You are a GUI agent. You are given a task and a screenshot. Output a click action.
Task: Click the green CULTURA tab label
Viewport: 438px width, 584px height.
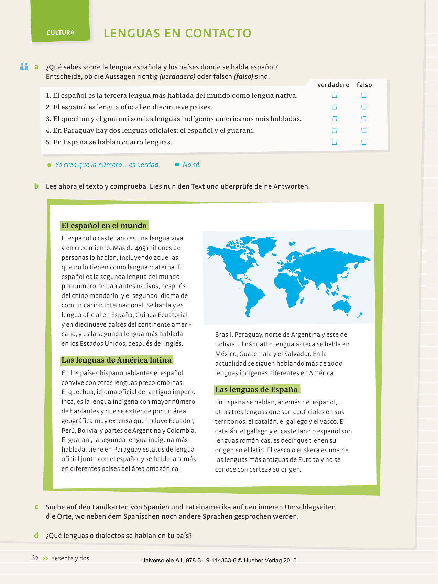click(x=60, y=32)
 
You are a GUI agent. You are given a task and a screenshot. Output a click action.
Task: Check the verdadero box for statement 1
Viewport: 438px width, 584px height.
click(x=334, y=95)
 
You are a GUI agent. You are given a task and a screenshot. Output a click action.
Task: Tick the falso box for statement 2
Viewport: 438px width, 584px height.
click(x=364, y=107)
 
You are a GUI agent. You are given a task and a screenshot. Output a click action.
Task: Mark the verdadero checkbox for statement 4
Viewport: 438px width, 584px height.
click(x=334, y=130)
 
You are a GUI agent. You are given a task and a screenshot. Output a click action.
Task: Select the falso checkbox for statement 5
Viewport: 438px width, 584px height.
click(x=364, y=142)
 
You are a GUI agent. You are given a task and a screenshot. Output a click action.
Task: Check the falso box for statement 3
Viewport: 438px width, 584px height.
click(x=364, y=119)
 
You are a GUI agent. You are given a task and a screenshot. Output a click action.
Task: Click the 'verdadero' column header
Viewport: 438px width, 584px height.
click(x=333, y=85)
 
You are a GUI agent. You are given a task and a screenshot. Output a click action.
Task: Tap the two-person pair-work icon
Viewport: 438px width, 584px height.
click(x=24, y=66)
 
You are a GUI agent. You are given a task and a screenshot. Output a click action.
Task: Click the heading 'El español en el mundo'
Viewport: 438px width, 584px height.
click(x=104, y=226)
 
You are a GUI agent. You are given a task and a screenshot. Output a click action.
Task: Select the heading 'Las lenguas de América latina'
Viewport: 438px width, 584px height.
click(x=116, y=360)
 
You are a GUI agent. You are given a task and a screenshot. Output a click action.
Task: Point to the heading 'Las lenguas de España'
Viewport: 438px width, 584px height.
click(x=256, y=390)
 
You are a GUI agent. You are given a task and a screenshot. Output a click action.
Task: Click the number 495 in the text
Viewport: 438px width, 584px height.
click(x=140, y=248)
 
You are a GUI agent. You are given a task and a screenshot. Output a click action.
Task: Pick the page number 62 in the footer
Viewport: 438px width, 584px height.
click(x=35, y=558)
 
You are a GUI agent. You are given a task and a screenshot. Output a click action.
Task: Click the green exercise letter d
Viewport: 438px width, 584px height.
click(x=36, y=535)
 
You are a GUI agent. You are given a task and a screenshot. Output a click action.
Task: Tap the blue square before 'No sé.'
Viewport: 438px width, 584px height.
click(x=177, y=165)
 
